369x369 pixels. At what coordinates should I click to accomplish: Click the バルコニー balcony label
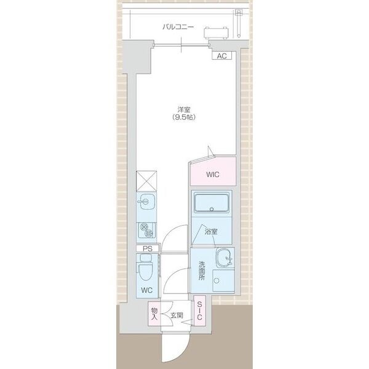(178, 27)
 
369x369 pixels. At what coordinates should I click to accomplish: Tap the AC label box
(221, 56)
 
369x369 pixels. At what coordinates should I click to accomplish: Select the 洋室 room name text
(184, 109)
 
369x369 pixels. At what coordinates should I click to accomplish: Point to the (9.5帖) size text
(184, 117)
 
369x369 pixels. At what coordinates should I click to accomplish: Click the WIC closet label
(213, 175)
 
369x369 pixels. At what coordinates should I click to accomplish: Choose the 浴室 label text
(210, 232)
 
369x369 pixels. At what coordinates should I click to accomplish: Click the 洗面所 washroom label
(202, 271)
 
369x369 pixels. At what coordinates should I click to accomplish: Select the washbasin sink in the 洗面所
(224, 258)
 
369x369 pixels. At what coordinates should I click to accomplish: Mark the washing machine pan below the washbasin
(223, 280)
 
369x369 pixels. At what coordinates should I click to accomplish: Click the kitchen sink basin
(146, 202)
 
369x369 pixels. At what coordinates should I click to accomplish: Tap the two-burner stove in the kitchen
(146, 229)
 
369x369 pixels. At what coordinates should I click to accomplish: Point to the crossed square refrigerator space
(146, 181)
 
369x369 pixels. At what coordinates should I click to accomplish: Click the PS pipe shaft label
(148, 248)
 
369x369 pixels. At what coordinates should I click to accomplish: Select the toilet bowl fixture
(146, 268)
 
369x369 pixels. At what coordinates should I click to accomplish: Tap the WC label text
(147, 290)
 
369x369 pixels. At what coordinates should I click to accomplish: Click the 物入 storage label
(154, 314)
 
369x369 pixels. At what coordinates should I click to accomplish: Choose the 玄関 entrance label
(177, 315)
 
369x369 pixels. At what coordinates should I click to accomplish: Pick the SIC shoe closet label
(199, 311)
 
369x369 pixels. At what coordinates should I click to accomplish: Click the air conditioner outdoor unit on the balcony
(216, 33)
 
